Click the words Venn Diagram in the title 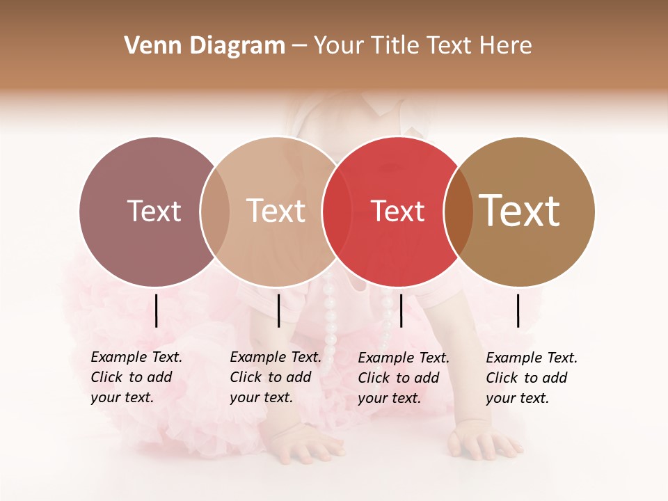point(205,46)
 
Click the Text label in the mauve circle point(154,211)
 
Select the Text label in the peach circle point(276,211)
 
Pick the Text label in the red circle point(397,211)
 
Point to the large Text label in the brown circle point(520,211)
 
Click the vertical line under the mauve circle point(157,310)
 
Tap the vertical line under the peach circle point(278,310)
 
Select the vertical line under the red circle point(401,310)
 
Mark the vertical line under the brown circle point(518,310)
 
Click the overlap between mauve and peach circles point(215,211)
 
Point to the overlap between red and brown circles point(459,211)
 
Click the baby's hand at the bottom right point(484,443)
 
